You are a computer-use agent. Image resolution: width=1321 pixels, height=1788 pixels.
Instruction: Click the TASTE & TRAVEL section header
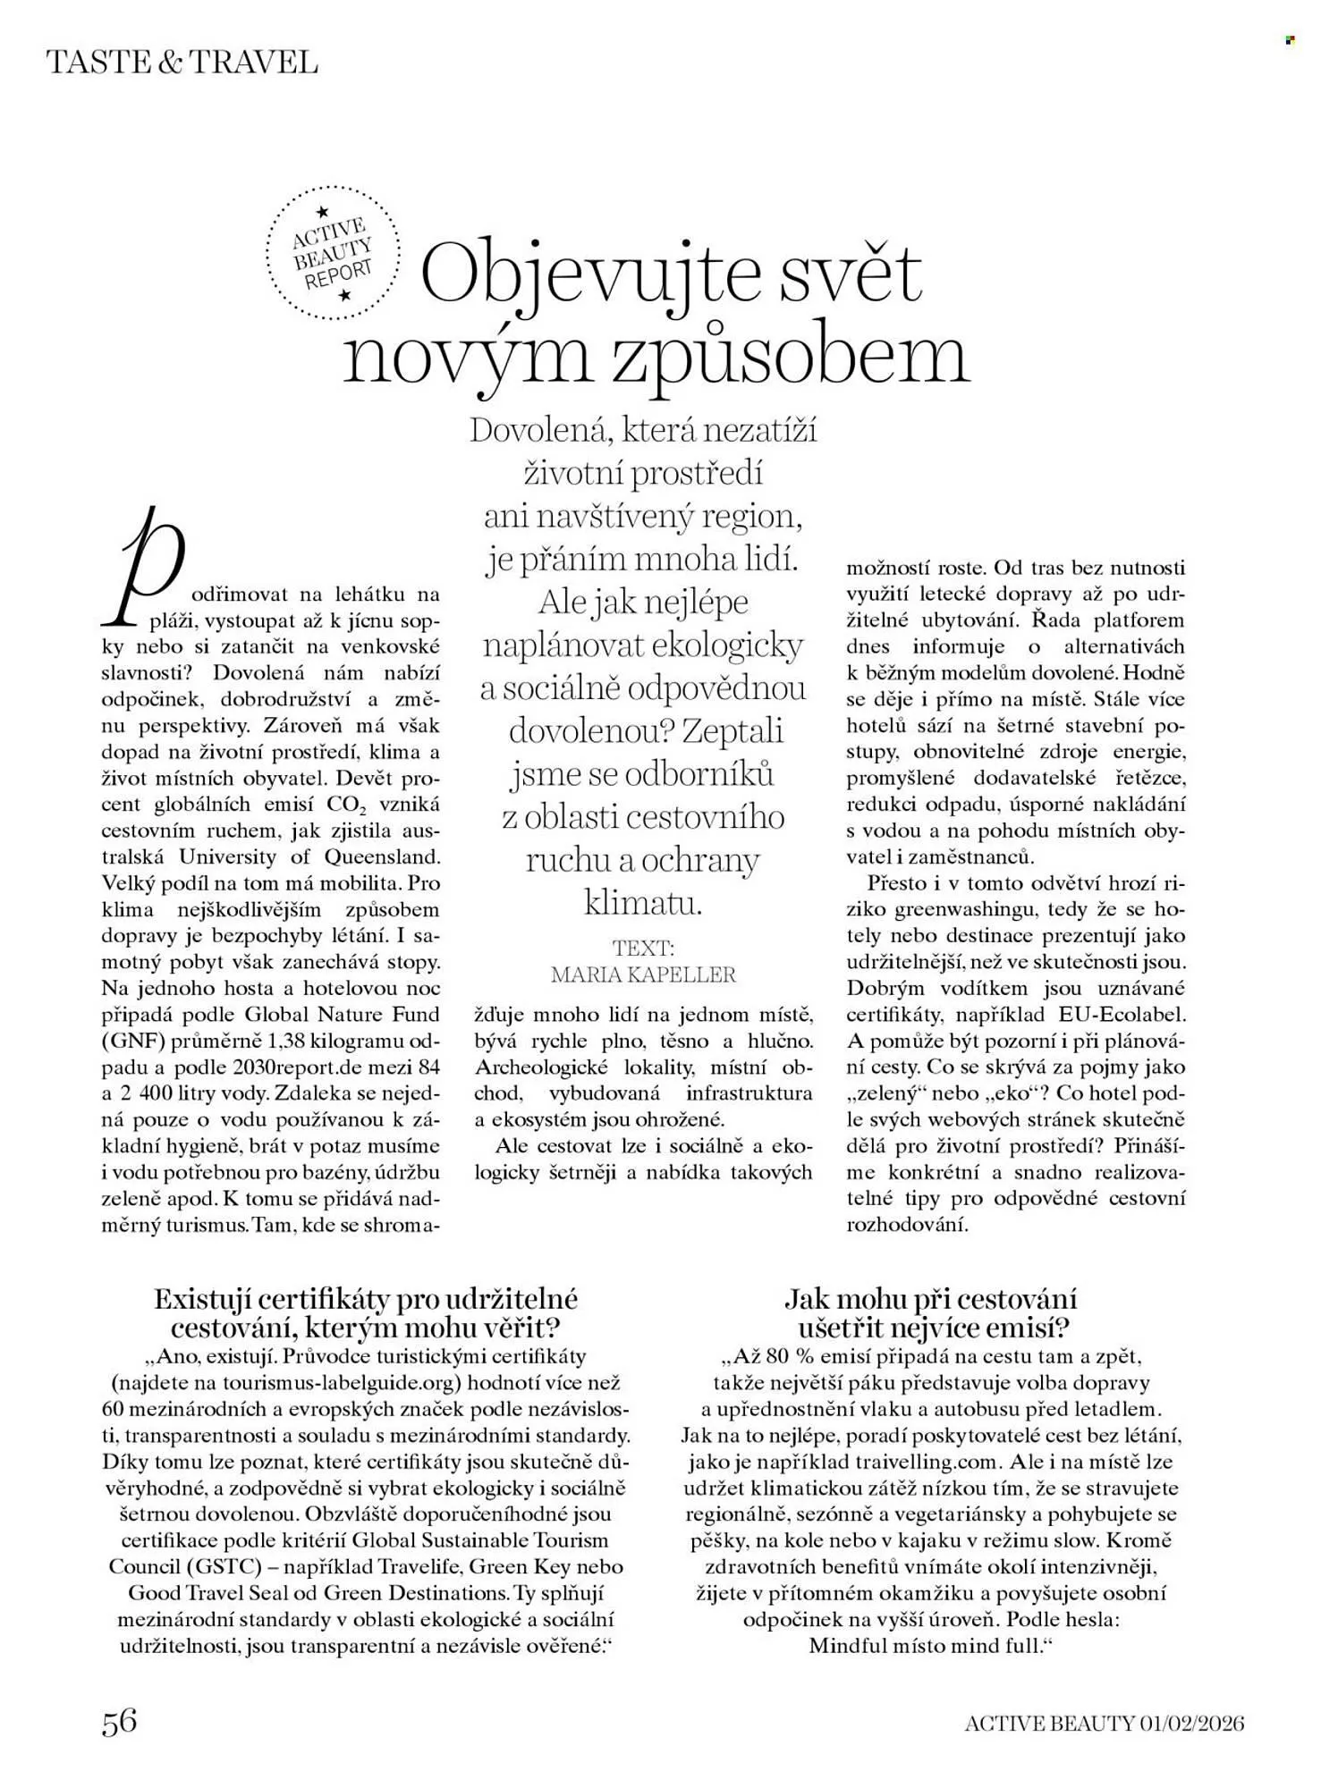181,63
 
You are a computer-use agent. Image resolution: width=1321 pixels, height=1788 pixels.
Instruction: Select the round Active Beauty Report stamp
333,254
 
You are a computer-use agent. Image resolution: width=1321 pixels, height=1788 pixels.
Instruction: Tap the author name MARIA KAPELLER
643,974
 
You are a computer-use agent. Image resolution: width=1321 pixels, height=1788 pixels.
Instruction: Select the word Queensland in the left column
386,856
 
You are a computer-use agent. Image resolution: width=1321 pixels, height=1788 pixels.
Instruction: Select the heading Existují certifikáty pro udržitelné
366,1298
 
